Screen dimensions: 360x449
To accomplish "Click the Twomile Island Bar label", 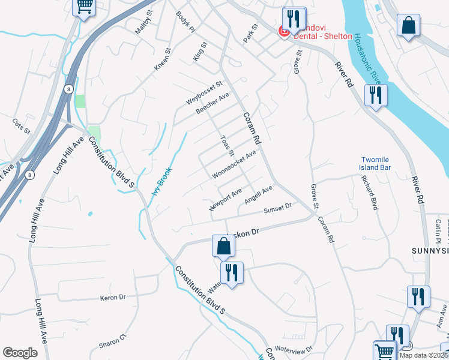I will coord(375,163).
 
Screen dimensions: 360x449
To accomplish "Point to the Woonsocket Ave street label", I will coord(234,164).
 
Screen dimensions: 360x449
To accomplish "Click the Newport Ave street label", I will coord(225,199).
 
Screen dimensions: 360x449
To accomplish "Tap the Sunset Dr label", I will coord(277,208).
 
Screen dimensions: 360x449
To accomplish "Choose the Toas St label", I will coord(226,145).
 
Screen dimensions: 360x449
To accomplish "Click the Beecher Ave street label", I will coord(212,104).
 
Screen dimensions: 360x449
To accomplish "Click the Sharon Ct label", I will coord(113,341).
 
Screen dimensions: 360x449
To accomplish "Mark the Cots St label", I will coord(21,126).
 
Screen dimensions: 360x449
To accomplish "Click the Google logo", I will coord(20,353).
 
